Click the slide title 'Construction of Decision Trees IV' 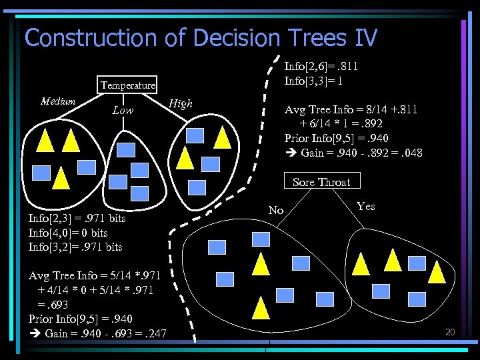point(201,37)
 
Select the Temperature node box point(128,85)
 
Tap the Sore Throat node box point(321,182)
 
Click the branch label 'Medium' point(58,101)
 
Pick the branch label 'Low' point(122,110)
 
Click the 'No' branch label point(276,211)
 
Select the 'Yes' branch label point(366,206)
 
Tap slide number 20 point(449,331)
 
